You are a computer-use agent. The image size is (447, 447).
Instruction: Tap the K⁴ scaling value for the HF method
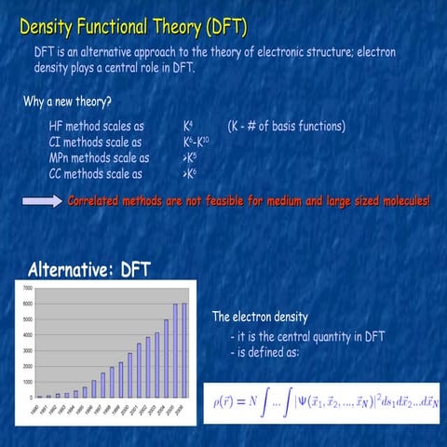click(189, 126)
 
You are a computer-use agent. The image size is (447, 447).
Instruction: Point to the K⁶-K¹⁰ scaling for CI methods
click(196, 142)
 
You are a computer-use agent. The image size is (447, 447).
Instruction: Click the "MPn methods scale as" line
click(98, 157)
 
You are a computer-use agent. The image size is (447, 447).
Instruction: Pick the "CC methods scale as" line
click(95, 173)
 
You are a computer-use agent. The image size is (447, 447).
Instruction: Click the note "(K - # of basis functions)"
click(286, 126)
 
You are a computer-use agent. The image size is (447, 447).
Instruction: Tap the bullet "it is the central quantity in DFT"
click(307, 336)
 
